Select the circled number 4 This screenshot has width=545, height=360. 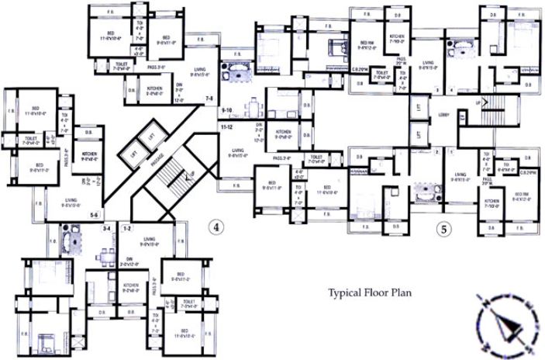tap(218, 227)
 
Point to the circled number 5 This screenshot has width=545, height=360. tap(443, 229)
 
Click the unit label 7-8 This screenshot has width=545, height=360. tap(209, 99)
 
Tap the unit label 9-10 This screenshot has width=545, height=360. tap(227, 110)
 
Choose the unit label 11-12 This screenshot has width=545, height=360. tap(228, 125)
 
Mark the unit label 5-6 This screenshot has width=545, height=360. tap(95, 215)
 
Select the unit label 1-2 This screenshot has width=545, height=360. tap(127, 229)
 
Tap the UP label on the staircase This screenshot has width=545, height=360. tap(477, 101)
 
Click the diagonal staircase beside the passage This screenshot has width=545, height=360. tap(167, 174)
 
